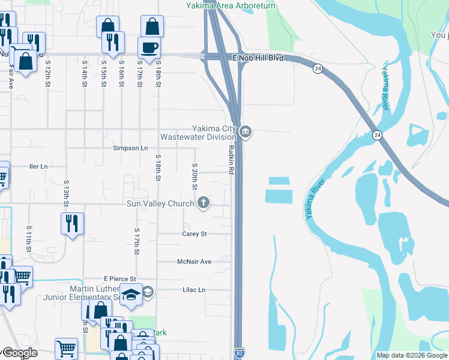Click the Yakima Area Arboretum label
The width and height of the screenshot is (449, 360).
click(230, 5)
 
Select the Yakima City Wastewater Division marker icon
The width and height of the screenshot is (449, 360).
click(246, 132)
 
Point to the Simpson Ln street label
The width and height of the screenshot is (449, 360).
click(130, 148)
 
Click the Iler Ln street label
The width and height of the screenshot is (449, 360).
click(38, 166)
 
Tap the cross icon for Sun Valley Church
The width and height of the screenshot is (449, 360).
click(204, 203)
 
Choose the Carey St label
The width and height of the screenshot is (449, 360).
click(194, 234)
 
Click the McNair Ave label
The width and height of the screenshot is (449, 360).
click(194, 262)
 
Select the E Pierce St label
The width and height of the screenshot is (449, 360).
click(120, 278)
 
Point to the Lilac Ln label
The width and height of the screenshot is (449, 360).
click(193, 290)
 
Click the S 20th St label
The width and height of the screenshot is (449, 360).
click(195, 176)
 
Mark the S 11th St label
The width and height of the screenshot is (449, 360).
click(28, 238)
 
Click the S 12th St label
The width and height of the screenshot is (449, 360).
click(47, 73)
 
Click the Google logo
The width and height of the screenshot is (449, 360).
click(20, 353)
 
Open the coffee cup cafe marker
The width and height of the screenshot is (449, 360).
click(148, 47)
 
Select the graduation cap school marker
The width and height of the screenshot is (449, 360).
click(131, 293)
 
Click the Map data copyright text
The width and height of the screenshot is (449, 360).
click(411, 355)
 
